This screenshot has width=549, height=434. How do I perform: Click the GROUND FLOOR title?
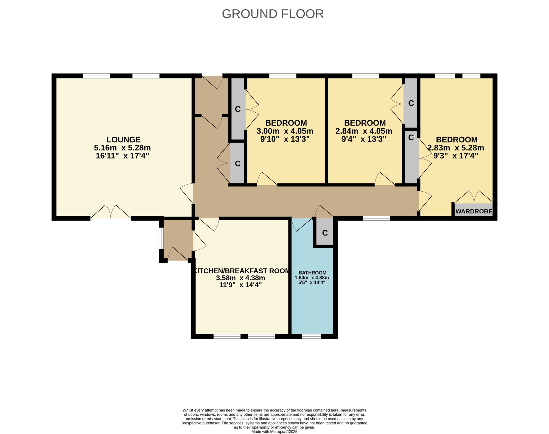273,14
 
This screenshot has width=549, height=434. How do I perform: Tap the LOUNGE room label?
124,140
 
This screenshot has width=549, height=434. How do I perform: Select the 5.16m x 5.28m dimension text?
122,148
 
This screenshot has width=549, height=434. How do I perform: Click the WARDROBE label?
474,212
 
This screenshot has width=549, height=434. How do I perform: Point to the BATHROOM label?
312,273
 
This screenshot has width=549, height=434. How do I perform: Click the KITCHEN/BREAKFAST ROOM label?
242,271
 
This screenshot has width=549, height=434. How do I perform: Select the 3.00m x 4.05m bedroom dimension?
285,131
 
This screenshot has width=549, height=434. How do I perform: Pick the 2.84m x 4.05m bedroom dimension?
364,131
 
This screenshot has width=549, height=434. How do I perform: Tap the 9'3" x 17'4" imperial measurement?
456,156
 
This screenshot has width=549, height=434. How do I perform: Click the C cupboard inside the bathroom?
325,233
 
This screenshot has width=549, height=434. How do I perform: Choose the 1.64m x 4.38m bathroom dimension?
312,277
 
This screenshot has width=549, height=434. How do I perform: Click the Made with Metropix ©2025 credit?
274,432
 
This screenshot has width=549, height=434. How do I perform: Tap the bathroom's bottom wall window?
312,336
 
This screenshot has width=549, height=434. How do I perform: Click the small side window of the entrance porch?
161,238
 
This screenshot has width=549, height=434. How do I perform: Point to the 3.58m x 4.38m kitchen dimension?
240,278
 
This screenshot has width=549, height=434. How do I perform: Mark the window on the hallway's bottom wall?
376,218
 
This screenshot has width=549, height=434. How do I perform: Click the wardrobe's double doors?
474,197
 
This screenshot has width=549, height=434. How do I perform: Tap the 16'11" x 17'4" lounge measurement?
122,156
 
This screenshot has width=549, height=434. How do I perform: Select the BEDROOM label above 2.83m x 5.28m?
457,140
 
